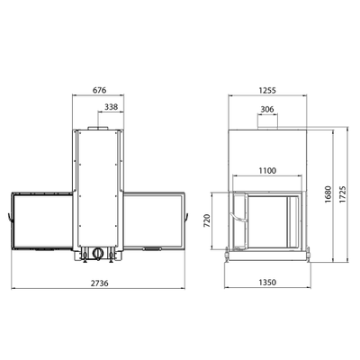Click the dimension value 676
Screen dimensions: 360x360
(x=102, y=90)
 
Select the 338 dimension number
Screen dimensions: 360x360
(x=112, y=106)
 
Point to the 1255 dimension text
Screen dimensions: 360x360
(x=266, y=90)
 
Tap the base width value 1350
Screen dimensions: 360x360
(x=266, y=281)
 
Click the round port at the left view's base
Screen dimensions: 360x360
(x=94, y=254)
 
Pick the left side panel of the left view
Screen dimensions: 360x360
(x=40, y=220)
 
